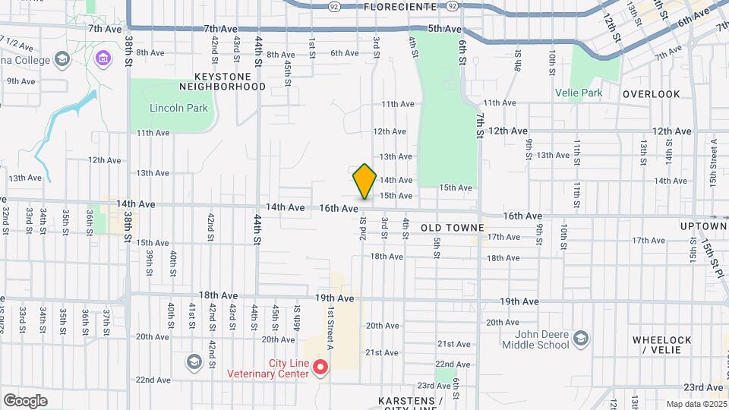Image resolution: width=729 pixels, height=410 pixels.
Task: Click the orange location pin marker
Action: click(364, 181)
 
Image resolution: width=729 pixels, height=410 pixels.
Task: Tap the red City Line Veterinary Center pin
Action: click(320, 368)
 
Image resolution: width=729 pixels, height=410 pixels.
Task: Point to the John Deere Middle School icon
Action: click(581, 338)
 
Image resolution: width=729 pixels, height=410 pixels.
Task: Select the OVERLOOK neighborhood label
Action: click(651, 94)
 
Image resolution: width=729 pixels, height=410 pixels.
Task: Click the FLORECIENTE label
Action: click(400, 6)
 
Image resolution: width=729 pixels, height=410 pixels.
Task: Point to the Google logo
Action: click(25, 401)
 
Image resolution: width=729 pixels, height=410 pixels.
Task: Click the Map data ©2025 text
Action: click(696, 404)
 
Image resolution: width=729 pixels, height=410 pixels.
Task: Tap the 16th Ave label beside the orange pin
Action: click(339, 207)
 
